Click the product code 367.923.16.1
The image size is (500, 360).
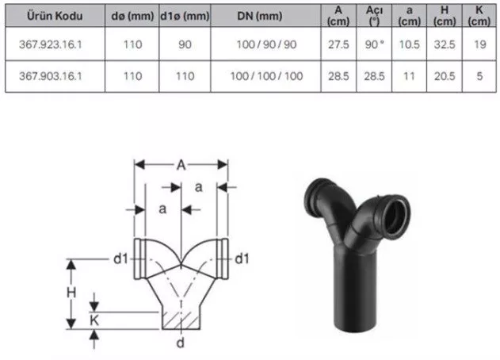point(51,44)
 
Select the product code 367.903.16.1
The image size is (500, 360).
point(51,76)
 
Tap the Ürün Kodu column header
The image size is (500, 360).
point(55,16)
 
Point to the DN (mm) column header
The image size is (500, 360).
point(260,16)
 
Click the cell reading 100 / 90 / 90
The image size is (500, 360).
point(266,44)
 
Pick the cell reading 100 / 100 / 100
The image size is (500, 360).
point(266,76)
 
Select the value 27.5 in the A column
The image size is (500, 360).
point(338,44)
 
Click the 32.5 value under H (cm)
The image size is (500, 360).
point(445,44)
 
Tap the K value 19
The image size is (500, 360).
point(480,44)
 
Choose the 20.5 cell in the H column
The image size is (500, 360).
point(445,76)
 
